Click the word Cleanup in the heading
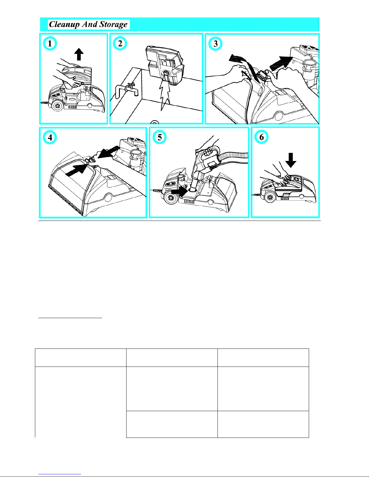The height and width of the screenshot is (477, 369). coord(64,24)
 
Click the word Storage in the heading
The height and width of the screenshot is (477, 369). coord(113,25)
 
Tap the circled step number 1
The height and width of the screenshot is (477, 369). coord(50,43)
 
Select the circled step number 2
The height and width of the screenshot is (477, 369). coord(120,43)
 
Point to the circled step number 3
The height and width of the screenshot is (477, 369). coord(215,43)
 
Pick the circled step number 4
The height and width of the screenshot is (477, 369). coord(50,138)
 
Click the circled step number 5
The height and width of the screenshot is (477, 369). coord(159,137)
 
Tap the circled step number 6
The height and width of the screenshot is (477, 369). coord(261,137)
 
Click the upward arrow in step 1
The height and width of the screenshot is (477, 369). coord(79,54)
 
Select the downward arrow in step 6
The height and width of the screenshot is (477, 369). coord(291,160)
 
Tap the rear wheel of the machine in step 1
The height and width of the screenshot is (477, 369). coord(58,106)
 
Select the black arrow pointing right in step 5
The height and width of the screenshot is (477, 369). coord(179,191)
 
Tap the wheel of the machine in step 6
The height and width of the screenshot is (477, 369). coord(270,197)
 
